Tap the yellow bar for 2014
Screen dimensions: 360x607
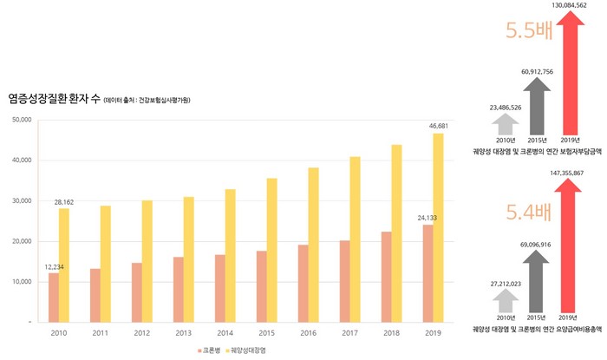click(x=230, y=255)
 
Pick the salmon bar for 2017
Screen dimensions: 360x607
click(x=345, y=280)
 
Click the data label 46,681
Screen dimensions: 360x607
click(x=439, y=127)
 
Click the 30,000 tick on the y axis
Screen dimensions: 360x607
click(x=20, y=200)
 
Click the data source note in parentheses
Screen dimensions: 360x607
click(x=147, y=101)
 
